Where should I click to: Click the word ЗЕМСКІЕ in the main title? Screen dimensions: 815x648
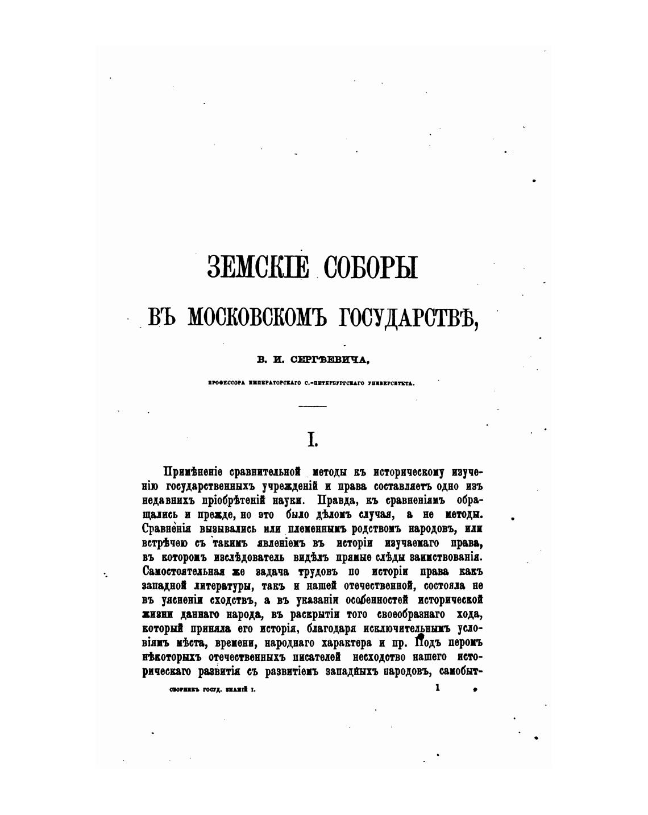(259, 267)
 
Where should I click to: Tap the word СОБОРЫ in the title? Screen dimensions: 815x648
(371, 267)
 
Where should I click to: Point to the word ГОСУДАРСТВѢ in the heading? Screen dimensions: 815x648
(406, 316)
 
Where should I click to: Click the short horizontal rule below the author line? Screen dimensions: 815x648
(313, 406)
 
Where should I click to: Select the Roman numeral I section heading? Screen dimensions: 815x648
(311, 439)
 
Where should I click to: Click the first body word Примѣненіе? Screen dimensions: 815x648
(193, 472)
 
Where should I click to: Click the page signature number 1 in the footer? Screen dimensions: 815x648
(437, 688)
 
